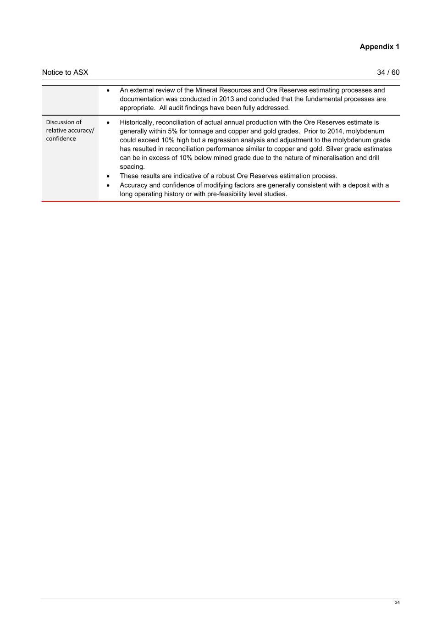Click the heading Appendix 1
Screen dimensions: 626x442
coord(379,47)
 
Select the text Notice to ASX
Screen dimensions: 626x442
coord(65,72)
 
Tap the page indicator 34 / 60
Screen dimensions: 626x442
coord(388,72)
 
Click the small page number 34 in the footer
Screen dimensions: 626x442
coord(397,603)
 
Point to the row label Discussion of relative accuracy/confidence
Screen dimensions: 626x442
coord(70,130)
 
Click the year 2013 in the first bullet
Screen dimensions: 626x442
coord(227,99)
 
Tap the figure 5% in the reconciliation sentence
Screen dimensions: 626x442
coord(172,131)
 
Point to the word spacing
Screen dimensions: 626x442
coord(132,167)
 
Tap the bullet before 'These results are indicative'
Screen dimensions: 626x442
coord(108,176)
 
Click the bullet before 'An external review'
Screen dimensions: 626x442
coord(108,90)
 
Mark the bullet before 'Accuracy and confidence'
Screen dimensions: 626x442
coord(108,185)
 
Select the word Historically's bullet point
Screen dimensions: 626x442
coord(108,122)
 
